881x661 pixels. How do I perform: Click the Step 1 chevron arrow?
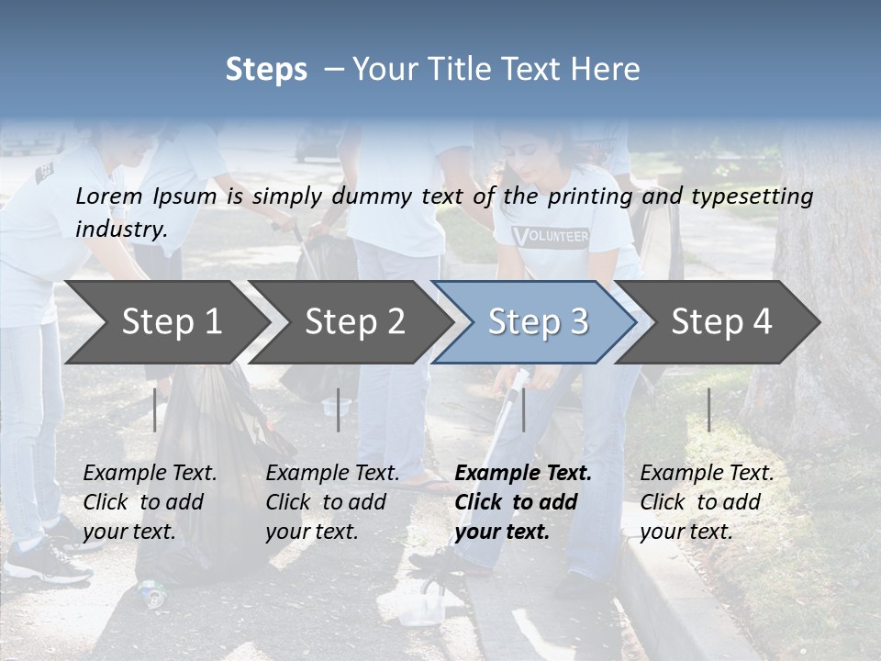pos(171,322)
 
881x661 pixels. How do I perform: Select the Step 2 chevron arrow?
pos(354,322)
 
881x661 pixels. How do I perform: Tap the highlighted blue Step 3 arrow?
pos(537,322)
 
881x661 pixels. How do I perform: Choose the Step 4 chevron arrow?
pos(720,322)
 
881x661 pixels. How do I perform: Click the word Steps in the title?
pos(266,70)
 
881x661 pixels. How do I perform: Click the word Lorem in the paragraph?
pos(107,196)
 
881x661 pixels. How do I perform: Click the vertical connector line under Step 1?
pos(155,409)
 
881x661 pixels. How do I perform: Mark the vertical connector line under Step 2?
pos(338,409)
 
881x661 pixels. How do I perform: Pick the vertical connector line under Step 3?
pos(523,409)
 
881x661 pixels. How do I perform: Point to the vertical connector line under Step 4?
pos(708,409)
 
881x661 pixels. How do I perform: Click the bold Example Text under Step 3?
pos(523,474)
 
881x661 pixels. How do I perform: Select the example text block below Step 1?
pos(150,502)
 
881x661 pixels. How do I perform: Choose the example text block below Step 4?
pos(707,502)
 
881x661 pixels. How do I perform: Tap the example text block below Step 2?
pos(332,502)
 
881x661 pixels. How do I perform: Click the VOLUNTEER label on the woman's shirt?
pos(551,236)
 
